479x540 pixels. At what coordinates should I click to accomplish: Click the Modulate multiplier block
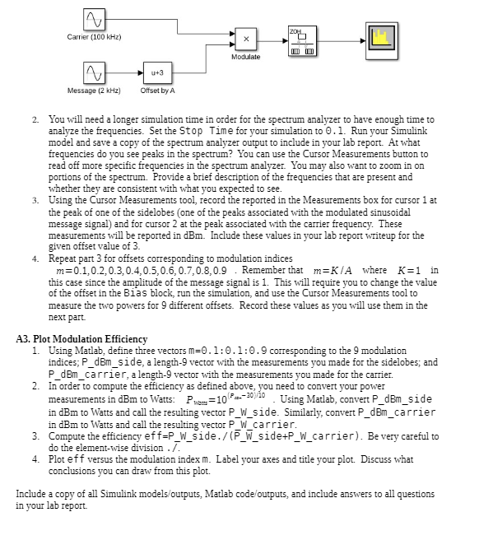click(245, 39)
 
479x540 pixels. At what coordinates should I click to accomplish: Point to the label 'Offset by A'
click(156, 90)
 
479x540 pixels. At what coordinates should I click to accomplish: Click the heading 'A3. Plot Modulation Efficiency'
click(81, 339)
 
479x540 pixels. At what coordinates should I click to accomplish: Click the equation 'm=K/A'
click(338, 271)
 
